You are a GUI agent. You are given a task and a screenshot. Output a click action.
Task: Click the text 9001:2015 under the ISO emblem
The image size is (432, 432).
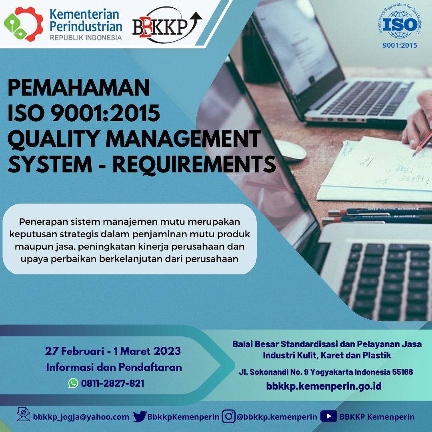pos(399,45)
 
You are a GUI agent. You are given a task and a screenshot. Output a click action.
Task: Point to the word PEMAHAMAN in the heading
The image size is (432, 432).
pos(79,88)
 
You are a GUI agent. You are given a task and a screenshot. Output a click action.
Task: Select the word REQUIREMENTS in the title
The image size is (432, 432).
pos(194,164)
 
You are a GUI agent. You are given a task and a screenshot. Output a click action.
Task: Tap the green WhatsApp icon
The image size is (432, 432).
pos(73,383)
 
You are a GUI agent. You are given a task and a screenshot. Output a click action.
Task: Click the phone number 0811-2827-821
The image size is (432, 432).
pos(113,383)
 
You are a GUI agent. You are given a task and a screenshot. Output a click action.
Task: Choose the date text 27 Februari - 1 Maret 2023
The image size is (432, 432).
pos(113,351)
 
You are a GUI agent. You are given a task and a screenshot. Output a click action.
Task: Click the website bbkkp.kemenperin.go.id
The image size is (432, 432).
pos(324,386)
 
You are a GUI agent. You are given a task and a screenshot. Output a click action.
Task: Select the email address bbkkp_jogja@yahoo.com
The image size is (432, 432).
pos(81,417)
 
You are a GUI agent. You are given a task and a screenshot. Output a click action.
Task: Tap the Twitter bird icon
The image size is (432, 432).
pos(140,416)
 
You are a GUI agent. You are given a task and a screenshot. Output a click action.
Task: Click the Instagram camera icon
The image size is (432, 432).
pos(229,416)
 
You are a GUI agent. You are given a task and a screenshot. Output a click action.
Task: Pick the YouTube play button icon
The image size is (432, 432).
pos(329,416)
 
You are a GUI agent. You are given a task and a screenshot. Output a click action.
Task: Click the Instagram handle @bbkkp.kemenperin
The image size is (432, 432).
pos(277,417)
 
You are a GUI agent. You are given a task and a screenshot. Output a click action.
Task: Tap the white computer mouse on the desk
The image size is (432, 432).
pos(291,150)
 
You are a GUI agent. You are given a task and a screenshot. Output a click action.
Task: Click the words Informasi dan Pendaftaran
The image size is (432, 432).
pos(114,367)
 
